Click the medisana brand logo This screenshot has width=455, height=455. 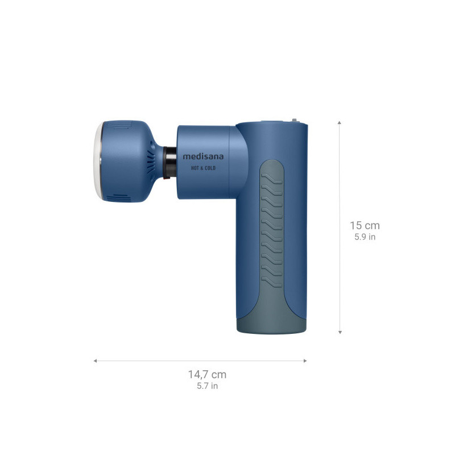click(x=203, y=157)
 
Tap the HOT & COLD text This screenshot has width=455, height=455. click(x=203, y=168)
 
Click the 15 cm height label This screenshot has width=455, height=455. click(x=365, y=225)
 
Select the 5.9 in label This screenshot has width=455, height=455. click(x=365, y=237)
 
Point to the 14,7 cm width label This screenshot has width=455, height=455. click(x=207, y=374)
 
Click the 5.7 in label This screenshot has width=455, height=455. click(x=207, y=386)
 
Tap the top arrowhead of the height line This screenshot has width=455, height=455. click(x=340, y=123)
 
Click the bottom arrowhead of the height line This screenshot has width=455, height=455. click(x=340, y=332)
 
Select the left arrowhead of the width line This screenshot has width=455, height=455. click(x=95, y=361)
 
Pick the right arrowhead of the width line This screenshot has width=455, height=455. click(x=305, y=361)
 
